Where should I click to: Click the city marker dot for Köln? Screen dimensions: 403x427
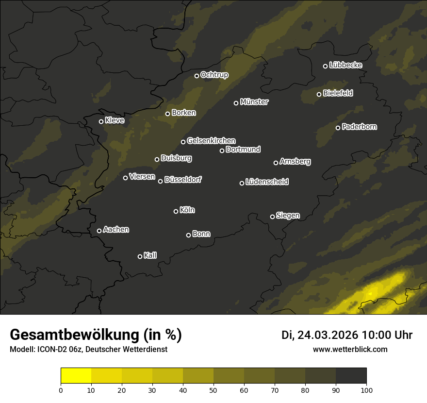point(176,211)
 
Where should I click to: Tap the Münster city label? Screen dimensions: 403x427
point(254,102)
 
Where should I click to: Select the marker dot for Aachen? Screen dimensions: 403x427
point(99,231)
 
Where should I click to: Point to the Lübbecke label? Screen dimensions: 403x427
point(345,65)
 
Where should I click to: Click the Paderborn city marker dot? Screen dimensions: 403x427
point(338,128)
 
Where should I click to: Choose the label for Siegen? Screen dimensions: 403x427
point(288,216)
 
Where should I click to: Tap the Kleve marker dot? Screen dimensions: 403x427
point(101,121)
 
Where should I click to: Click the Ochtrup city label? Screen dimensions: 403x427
point(214,75)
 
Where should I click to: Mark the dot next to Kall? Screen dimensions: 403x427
point(140,256)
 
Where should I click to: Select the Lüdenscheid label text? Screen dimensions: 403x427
point(267,182)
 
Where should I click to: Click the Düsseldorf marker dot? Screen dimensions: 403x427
point(160,181)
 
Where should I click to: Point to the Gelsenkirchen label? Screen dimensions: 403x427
point(211,141)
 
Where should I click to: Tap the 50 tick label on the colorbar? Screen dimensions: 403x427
point(213,390)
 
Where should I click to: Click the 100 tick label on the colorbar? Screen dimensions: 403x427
point(366,390)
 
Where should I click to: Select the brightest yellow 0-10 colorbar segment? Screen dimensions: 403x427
point(76,376)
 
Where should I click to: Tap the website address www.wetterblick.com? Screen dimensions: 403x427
point(350,349)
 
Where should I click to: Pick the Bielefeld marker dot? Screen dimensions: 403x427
point(319,94)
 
